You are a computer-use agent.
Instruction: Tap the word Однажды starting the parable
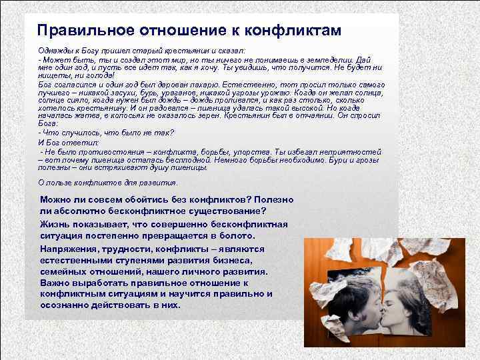[x=57, y=51]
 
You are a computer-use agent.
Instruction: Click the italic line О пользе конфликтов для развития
[x=108, y=182]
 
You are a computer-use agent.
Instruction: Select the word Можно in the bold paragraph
[x=57, y=199]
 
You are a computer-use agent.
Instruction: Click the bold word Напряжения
[x=69, y=248]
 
